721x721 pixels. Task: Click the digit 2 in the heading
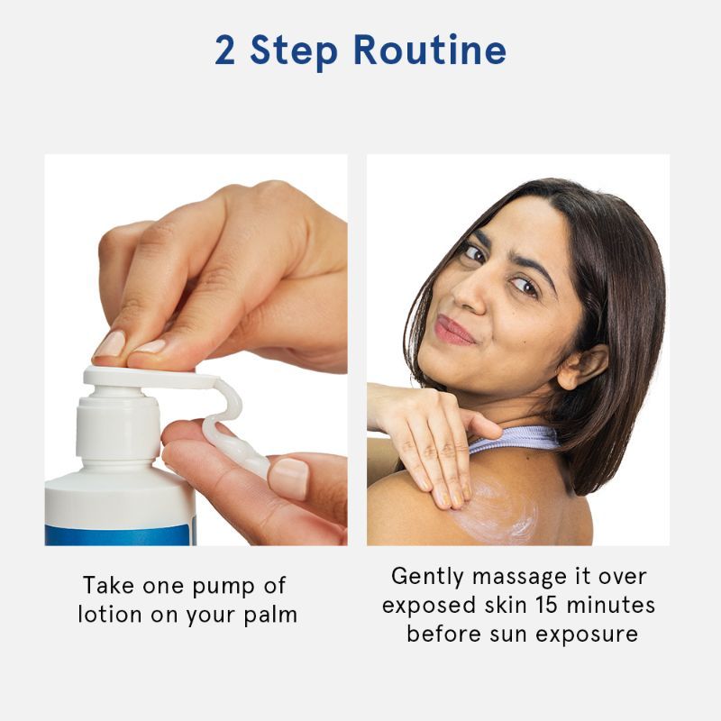click(x=224, y=50)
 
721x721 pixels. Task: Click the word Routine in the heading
click(x=430, y=50)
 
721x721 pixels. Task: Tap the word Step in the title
click(x=294, y=52)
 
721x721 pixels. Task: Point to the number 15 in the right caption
click(x=545, y=605)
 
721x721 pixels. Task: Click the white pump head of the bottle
click(x=151, y=378)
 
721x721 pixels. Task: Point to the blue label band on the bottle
click(x=120, y=534)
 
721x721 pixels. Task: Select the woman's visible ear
click(x=581, y=367)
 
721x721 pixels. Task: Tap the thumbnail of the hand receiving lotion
click(x=288, y=479)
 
